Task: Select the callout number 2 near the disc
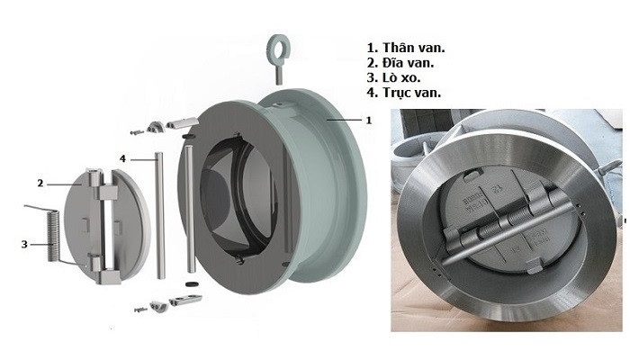(40, 183)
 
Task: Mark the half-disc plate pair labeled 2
(112, 220)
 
